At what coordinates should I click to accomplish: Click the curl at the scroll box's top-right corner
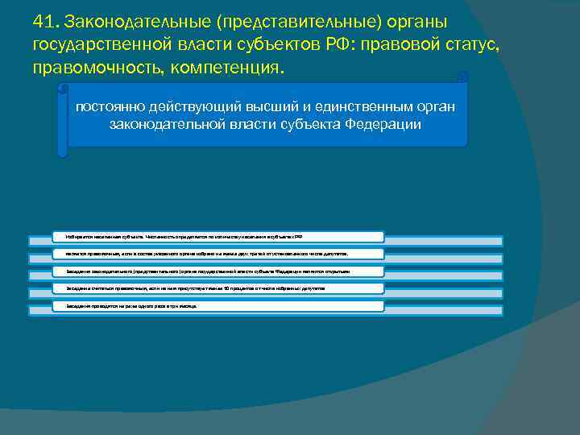pyautogui.click(x=462, y=77)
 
